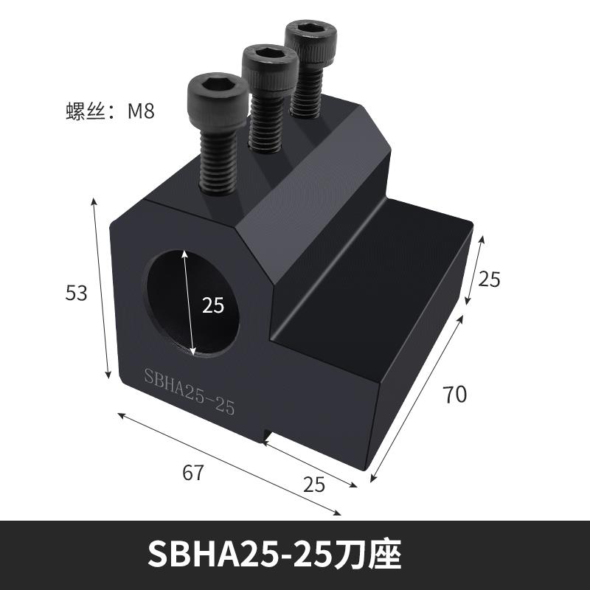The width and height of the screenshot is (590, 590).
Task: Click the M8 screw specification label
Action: (x=111, y=113)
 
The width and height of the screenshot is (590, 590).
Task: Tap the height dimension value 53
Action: (x=77, y=293)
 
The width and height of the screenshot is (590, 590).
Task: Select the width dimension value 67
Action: (x=192, y=473)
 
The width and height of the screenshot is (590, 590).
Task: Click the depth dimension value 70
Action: (x=454, y=395)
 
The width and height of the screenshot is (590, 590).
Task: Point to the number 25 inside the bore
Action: (x=212, y=305)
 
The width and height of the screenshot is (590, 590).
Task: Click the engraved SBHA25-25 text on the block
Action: (x=189, y=391)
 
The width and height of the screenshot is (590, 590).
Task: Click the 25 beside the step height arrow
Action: (x=490, y=279)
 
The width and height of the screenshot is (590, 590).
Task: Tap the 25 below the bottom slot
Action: (x=315, y=484)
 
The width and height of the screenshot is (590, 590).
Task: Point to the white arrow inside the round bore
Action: (x=190, y=302)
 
